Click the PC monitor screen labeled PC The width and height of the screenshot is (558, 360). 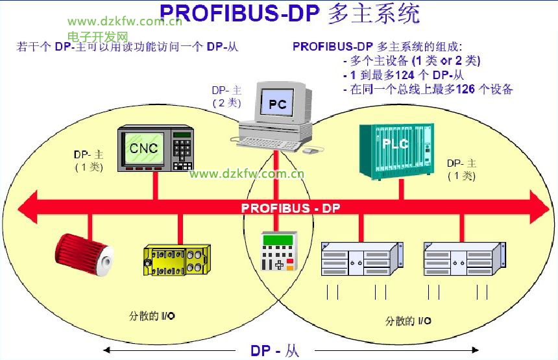(278, 102)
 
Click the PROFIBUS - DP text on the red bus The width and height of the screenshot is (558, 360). (291, 208)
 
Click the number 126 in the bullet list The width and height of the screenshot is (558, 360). (466, 90)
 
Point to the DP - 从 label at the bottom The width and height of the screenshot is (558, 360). (275, 351)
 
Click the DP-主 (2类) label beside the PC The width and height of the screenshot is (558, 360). (226, 97)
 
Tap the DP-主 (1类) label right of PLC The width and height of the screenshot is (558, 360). (461, 169)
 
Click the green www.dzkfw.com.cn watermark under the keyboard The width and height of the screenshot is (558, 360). (247, 173)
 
